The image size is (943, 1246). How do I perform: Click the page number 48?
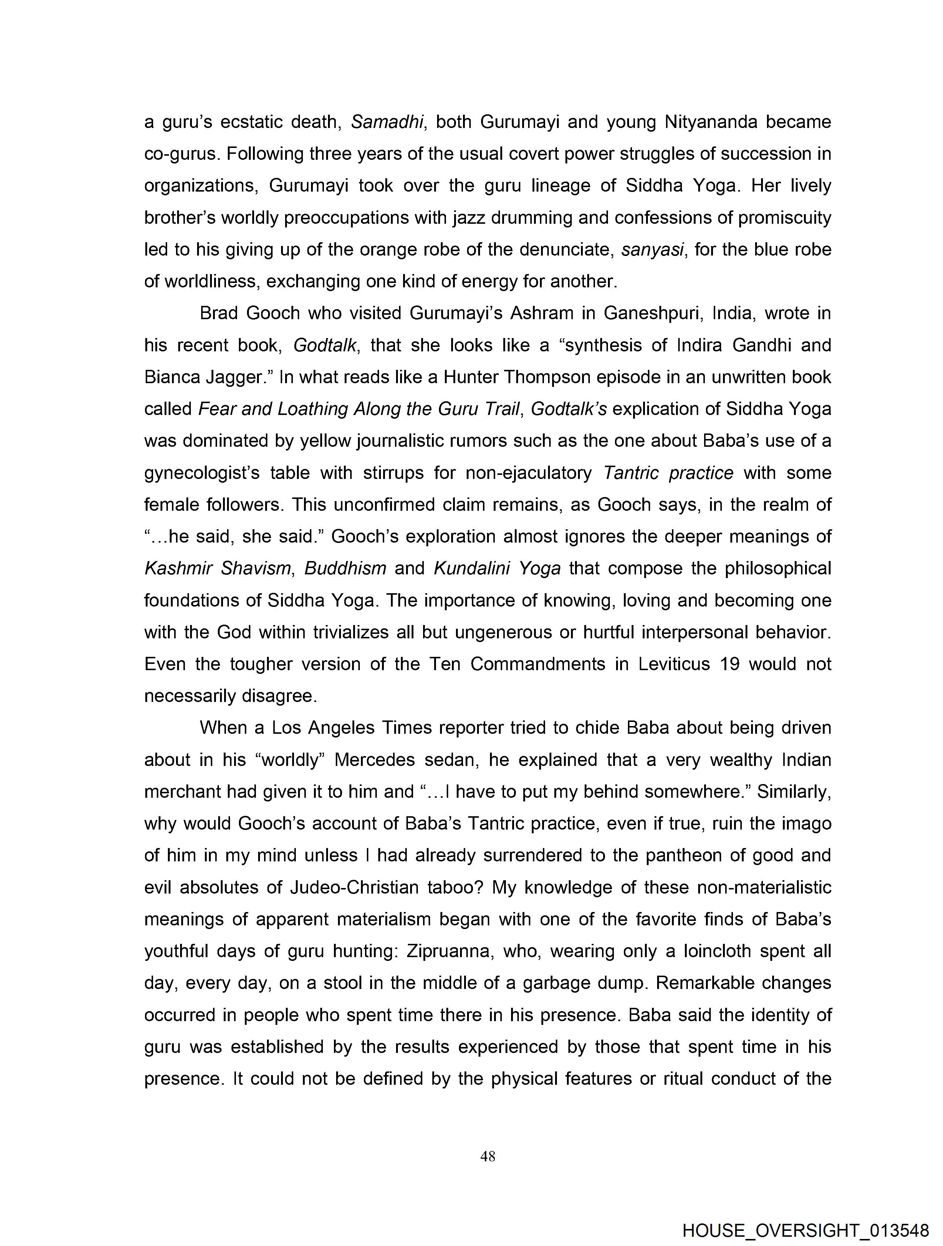(488, 1157)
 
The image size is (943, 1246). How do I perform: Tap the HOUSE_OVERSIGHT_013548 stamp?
(805, 1230)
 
